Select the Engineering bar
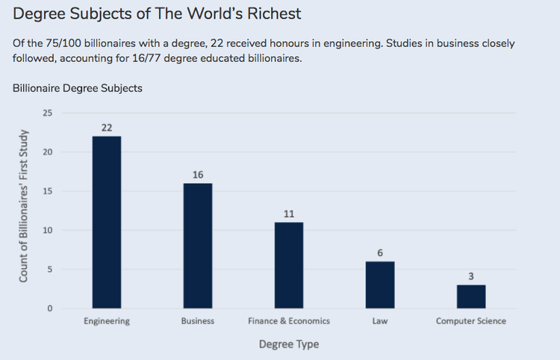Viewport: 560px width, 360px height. click(x=107, y=222)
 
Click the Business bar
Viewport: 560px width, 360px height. click(x=198, y=246)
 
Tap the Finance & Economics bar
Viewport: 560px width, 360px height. click(x=289, y=265)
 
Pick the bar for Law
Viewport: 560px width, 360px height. click(x=380, y=285)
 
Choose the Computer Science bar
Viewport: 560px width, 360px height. click(x=471, y=297)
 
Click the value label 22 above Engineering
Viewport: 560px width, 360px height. click(x=107, y=127)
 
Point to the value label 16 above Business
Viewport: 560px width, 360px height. click(x=198, y=174)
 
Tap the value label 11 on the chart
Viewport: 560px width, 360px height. click(x=289, y=214)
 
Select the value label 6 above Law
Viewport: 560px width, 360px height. click(x=380, y=252)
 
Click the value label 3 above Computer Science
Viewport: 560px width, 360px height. click(x=471, y=276)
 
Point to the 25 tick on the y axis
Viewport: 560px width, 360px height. click(x=48, y=114)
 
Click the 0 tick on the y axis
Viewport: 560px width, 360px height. click(x=50, y=308)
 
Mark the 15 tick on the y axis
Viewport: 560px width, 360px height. click(x=48, y=191)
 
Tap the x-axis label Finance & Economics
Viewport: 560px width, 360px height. click(x=289, y=321)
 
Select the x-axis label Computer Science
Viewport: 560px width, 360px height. click(x=471, y=321)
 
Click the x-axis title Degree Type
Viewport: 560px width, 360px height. click(x=289, y=344)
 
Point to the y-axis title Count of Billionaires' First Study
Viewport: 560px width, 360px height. click(x=24, y=206)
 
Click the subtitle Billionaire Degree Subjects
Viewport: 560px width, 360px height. click(x=78, y=88)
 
